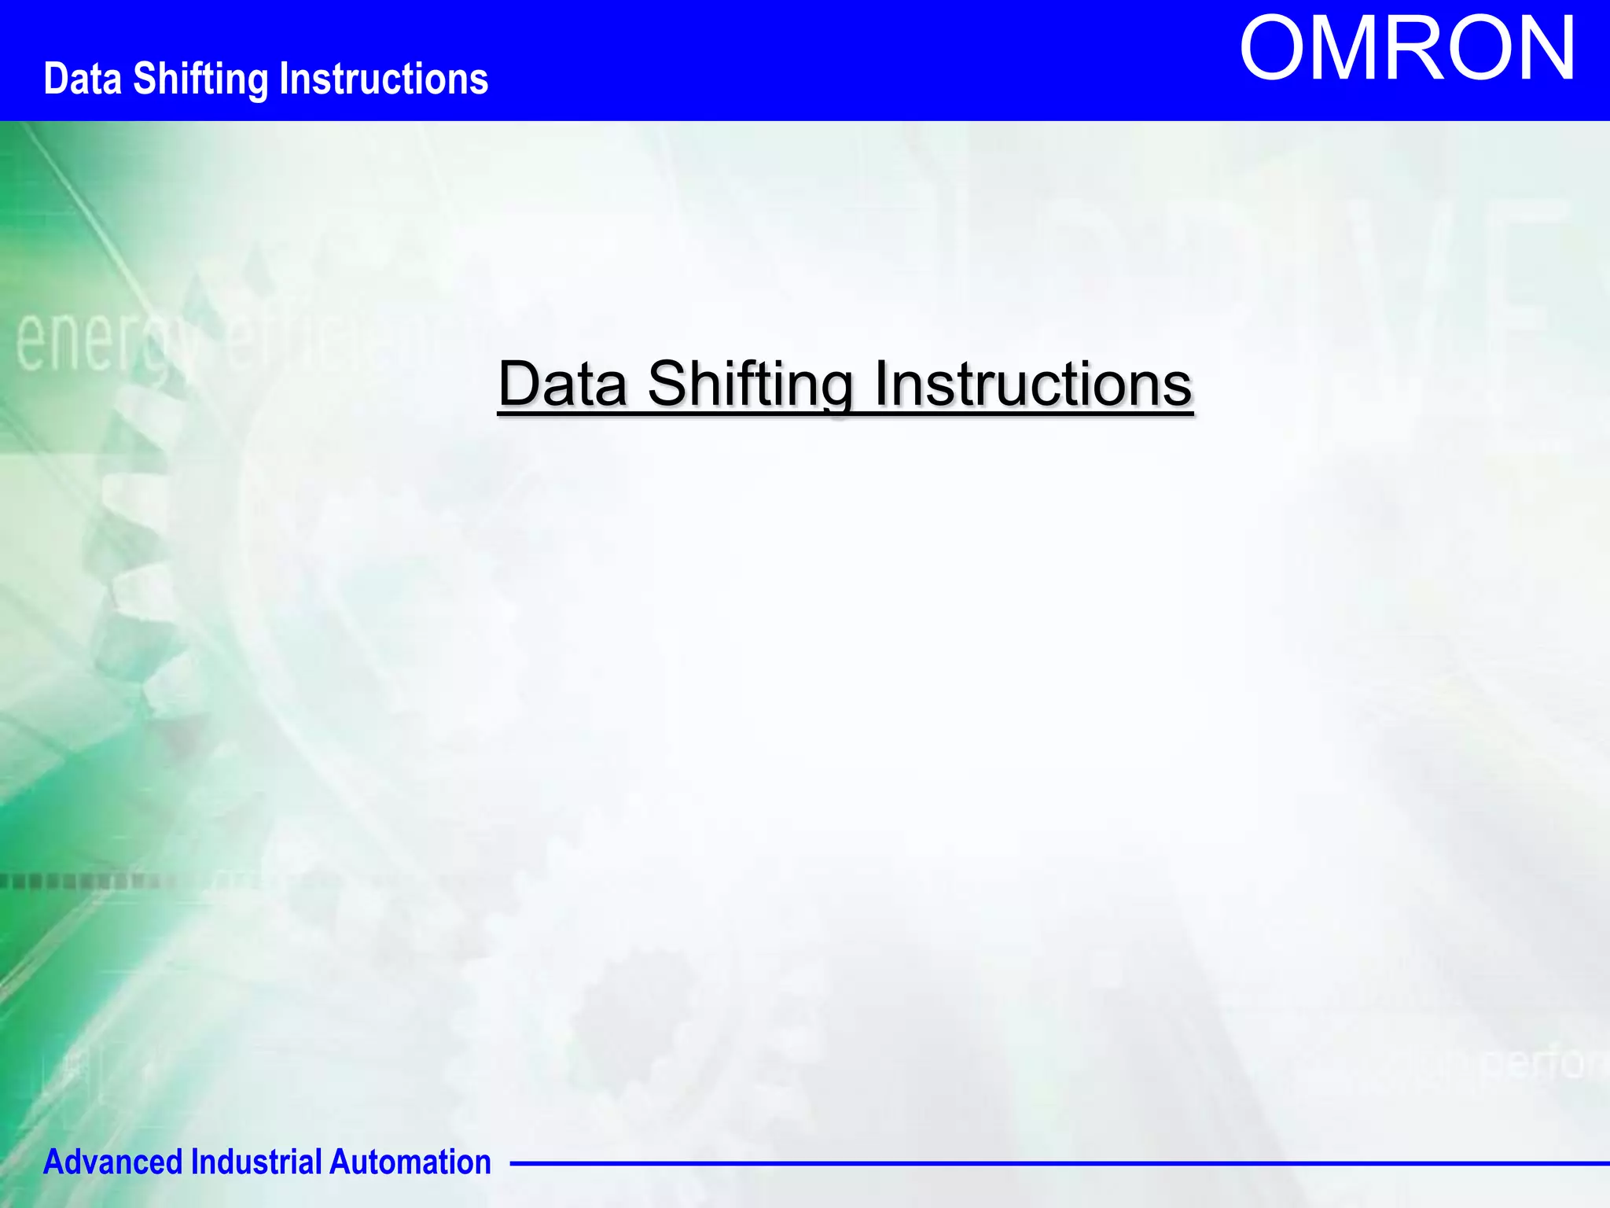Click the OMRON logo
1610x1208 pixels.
coord(1407,49)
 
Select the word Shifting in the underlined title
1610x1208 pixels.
coord(751,385)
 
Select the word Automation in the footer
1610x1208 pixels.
coord(410,1162)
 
